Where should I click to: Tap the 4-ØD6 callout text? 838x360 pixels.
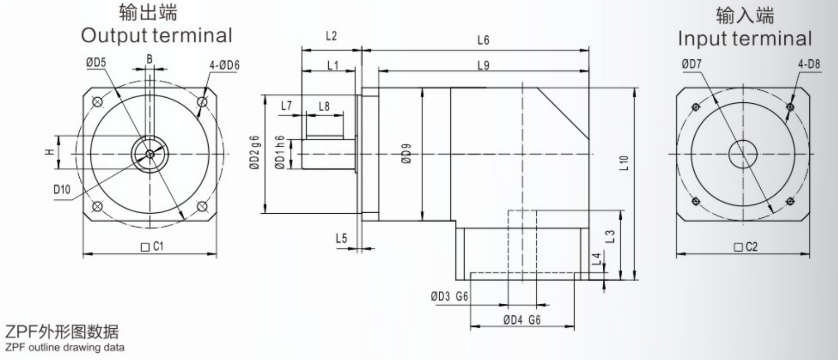tap(224, 65)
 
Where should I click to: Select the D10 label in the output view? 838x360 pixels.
tap(62, 190)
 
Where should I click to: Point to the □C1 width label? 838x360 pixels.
tap(152, 247)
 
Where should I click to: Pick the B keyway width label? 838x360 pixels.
tap(150, 59)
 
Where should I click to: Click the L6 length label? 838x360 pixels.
tap(483, 40)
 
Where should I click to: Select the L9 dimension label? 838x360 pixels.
tap(483, 65)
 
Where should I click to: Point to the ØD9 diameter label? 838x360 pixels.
tap(406, 153)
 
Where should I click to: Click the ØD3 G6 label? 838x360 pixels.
tap(449, 296)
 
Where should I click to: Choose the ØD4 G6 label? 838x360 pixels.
tap(522, 320)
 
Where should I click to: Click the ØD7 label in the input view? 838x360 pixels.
tap(691, 64)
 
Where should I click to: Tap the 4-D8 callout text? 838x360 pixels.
tap(808, 64)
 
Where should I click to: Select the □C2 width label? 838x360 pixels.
tap(745, 247)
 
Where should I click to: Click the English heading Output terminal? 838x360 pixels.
tap(156, 35)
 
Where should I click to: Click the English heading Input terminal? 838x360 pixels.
tap(744, 38)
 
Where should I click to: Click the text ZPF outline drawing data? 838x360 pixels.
tap(64, 348)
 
